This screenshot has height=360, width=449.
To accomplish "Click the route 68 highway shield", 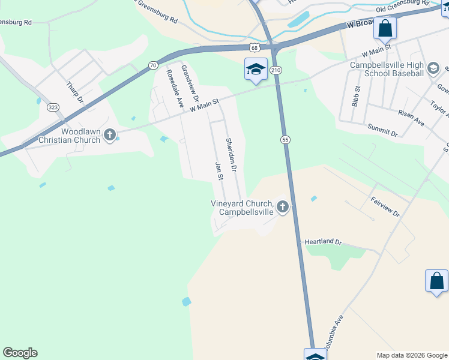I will click(255, 46).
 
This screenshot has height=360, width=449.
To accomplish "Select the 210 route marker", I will click(276, 70).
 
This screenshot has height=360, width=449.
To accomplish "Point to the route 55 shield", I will click(285, 139).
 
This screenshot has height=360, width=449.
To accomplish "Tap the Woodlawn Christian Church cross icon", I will click(109, 134).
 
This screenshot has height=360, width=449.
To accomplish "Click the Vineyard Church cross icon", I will click(282, 208).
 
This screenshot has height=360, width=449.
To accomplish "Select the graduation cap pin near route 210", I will click(256, 70).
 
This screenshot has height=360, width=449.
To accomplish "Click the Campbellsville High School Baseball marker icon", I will click(432, 70).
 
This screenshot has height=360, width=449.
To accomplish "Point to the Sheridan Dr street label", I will click(232, 155).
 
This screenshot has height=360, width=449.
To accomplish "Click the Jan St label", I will click(219, 170).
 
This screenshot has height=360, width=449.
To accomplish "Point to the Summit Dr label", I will click(382, 131).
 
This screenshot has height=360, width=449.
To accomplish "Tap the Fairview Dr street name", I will click(385, 206).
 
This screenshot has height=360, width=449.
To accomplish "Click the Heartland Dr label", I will click(322, 242).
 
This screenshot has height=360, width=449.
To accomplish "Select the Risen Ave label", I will click(411, 118).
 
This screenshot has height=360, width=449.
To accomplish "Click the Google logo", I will click(20, 353).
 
